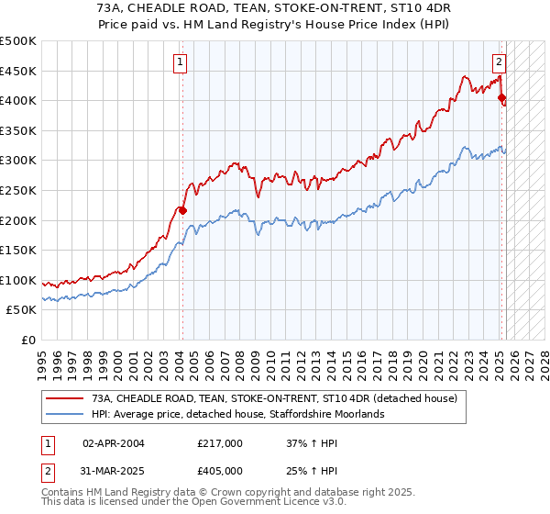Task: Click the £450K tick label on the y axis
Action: (x=18, y=71)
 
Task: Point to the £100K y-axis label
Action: (x=18, y=280)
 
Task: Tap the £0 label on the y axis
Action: (x=28, y=340)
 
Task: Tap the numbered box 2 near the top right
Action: (x=499, y=62)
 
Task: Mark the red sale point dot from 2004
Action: (x=182, y=210)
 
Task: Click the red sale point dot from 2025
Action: (x=501, y=97)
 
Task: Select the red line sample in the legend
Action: (x=65, y=398)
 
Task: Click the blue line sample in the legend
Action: (x=65, y=414)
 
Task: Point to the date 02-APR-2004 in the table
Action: (x=114, y=443)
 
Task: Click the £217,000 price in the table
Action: (x=220, y=443)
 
